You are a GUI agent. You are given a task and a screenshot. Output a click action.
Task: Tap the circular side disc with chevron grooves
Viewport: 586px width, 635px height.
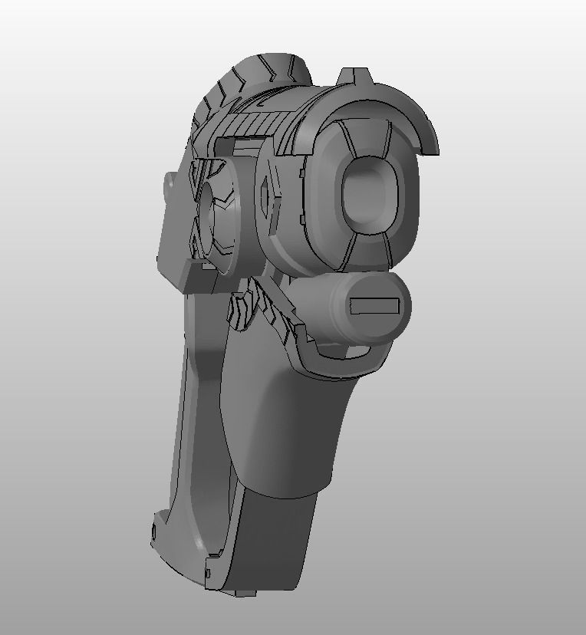click(x=217, y=215)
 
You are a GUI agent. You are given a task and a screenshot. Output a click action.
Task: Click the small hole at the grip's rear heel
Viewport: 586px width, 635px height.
click(x=156, y=530)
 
